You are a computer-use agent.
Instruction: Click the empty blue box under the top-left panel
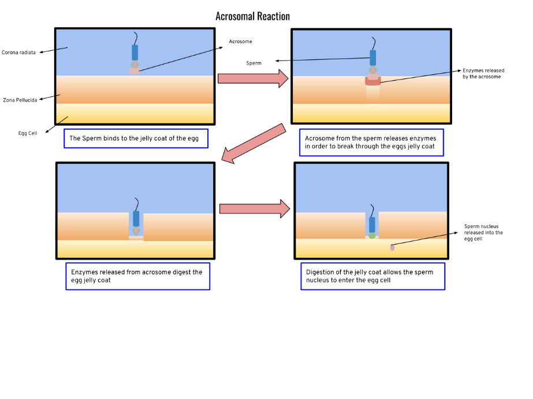click(136, 138)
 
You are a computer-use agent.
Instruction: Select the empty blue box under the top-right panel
click(371, 142)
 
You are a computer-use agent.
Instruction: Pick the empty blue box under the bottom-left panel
click(137, 276)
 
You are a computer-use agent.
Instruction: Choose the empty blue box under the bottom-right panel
click(372, 276)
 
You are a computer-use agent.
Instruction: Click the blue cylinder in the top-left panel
click(135, 52)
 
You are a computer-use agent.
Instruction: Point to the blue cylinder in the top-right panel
click(373, 58)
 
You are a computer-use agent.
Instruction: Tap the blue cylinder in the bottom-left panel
click(136, 219)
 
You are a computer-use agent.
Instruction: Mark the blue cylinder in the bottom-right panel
click(372, 224)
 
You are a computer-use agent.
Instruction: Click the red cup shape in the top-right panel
click(373, 81)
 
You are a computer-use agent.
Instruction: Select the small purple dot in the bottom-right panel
click(393, 247)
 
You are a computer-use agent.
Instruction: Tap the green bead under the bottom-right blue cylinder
click(372, 236)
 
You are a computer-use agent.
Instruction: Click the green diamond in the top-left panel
click(135, 65)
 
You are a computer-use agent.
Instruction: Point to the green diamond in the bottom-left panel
click(136, 231)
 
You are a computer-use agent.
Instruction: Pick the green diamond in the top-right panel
click(373, 70)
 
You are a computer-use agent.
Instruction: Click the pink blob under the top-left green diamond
click(135, 71)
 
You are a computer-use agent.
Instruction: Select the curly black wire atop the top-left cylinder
click(136, 38)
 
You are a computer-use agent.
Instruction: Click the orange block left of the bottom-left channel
click(93, 226)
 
